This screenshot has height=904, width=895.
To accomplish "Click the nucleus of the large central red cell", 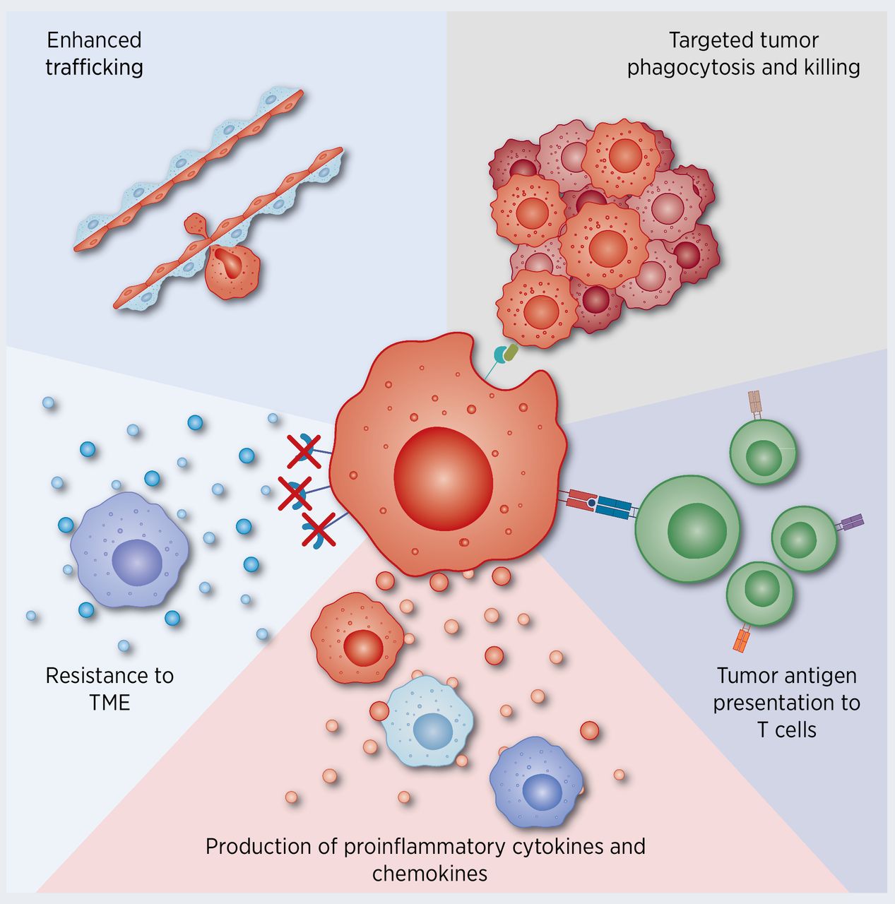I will click(x=443, y=480).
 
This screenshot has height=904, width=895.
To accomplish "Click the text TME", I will click(x=110, y=702).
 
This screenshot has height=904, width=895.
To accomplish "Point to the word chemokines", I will click(x=429, y=874).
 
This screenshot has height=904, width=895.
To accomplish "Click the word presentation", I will click(x=786, y=703).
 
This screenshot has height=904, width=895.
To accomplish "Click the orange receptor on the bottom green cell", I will click(x=741, y=640).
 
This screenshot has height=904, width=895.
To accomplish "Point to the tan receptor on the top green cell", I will click(x=755, y=405).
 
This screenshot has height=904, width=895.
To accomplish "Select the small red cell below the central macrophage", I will click(x=358, y=638).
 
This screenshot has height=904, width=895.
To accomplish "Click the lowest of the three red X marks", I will click(x=318, y=530).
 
